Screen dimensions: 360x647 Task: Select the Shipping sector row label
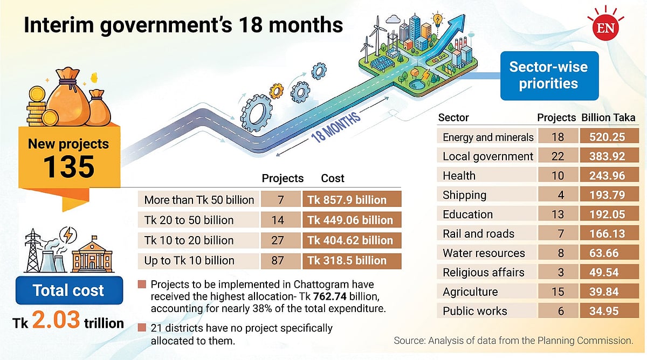[x=464, y=195]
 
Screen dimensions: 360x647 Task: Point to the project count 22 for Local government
[x=557, y=156]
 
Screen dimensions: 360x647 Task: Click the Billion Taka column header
[x=608, y=118]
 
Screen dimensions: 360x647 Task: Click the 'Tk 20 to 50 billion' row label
[x=189, y=220]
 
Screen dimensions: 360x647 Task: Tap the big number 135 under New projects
[x=68, y=167]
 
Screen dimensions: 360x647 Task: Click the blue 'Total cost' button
[x=68, y=291]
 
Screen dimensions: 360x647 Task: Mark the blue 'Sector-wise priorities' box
[x=549, y=75]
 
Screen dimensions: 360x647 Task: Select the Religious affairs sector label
[x=483, y=272]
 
